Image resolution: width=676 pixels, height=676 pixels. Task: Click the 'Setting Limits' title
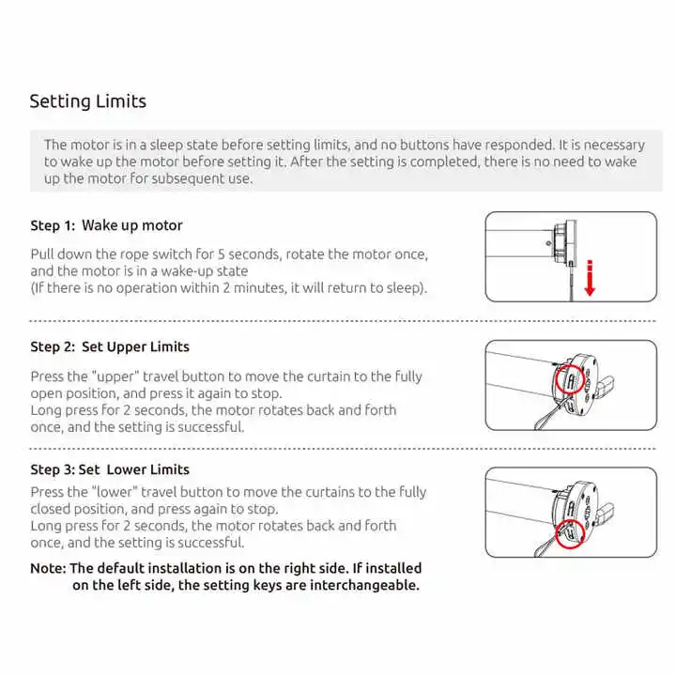[87, 101]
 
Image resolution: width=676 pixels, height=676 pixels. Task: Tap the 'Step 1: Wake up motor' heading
[106, 225]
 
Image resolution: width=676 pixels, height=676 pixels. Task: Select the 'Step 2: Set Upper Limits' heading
[110, 346]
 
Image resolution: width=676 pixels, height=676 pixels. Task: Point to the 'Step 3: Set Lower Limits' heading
[110, 469]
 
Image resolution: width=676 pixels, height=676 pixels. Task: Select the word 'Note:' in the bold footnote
[48, 568]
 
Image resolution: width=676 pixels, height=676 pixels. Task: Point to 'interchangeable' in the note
[361, 585]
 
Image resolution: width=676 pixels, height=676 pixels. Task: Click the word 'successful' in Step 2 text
[210, 427]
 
